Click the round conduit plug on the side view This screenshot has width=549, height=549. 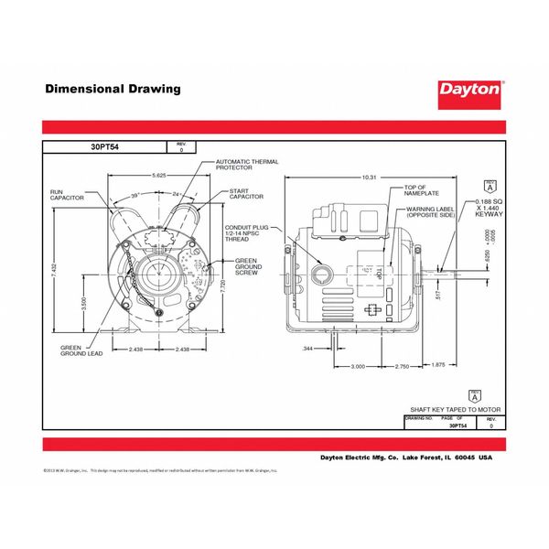point(322,272)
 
